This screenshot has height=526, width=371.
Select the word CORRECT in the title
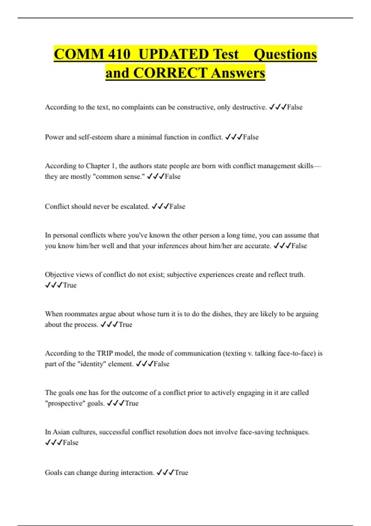170,73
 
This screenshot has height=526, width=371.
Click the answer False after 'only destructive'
295,107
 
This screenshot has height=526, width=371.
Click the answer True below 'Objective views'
70,285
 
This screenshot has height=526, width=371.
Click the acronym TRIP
105,353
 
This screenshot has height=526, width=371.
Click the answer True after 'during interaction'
181,472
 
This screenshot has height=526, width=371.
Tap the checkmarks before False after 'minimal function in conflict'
234,137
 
